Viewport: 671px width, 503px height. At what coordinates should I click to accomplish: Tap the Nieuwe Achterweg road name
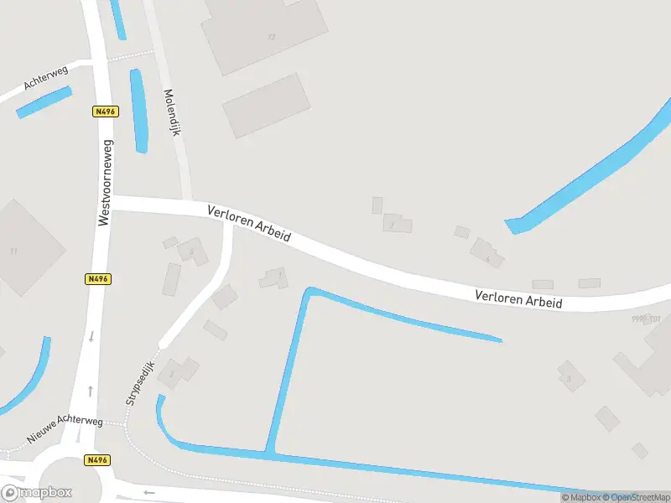pos(64,428)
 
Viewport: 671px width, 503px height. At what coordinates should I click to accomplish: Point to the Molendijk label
pos(173,113)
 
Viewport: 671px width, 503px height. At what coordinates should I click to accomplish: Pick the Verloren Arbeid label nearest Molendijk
pos(249,224)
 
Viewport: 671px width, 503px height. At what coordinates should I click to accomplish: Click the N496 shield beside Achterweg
pos(105,111)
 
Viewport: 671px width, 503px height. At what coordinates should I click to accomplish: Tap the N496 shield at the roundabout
pos(97,460)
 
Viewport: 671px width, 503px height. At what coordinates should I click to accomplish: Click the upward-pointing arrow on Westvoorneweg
pos(91,392)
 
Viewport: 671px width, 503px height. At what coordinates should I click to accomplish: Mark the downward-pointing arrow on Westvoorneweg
pos(91,337)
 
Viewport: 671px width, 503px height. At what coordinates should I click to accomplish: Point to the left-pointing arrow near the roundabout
pos(149,492)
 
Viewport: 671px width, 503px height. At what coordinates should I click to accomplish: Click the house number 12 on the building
pos(271,37)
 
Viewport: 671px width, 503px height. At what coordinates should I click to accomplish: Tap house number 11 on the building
pos(14,251)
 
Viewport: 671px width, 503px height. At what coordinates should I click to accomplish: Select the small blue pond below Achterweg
pos(44,103)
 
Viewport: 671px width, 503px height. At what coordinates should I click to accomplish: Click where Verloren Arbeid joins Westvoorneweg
pos(107,203)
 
